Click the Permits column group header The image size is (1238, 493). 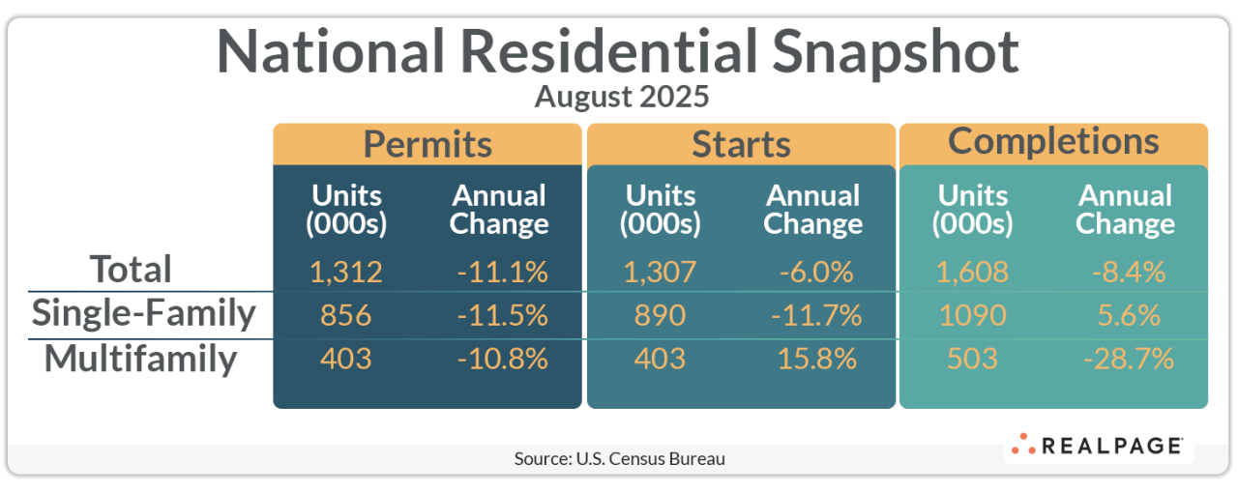point(427,144)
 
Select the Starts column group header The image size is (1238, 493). point(741,144)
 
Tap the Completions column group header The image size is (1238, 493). point(1053,141)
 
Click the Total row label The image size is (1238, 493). point(131,269)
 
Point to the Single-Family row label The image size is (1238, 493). point(143,313)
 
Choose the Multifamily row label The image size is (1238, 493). point(140,359)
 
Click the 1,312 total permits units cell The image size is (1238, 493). point(346,272)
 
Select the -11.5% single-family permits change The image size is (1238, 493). point(502,315)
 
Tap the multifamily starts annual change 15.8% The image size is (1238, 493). point(816,359)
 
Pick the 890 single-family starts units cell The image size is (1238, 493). point(660,315)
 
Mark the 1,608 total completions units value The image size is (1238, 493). point(971,272)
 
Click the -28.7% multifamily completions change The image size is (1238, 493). point(1129,359)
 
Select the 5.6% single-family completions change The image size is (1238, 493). point(1129,315)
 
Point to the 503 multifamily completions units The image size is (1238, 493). point(971,359)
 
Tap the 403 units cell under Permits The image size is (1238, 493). point(346,359)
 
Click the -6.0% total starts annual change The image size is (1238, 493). point(816,272)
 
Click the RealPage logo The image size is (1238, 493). point(1099,446)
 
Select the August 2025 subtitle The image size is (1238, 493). point(622,97)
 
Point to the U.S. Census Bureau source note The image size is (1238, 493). point(619,458)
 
